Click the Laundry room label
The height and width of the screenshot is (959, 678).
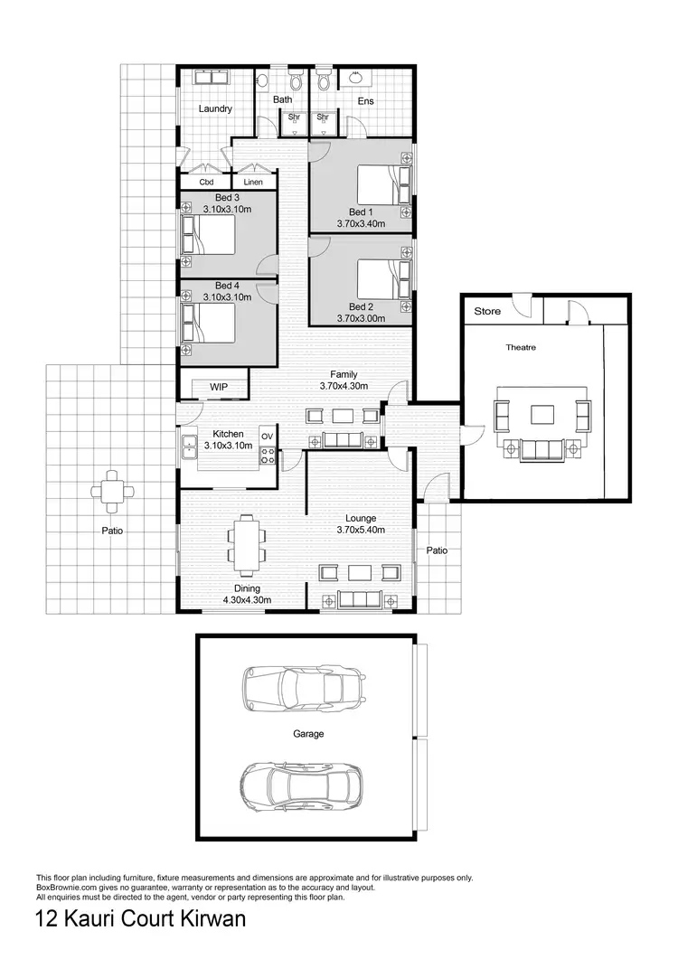pos(215,109)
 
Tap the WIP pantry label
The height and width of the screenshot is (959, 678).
pos(218,387)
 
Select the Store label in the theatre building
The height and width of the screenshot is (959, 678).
pos(487,312)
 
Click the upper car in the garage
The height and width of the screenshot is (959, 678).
pos(303,689)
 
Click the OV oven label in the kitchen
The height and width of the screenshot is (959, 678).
pos(267,437)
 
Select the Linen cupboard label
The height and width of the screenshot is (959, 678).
pos(253,183)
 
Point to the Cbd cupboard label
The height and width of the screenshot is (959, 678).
pos(206,183)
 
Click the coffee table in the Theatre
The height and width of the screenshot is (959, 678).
pos(542,415)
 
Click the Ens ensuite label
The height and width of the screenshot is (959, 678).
pos(365,101)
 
